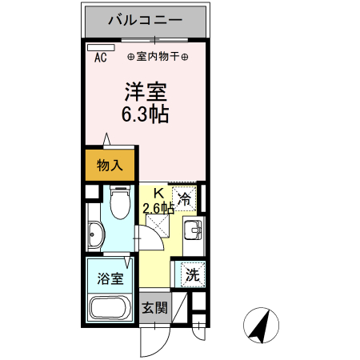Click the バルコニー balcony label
click(x=146, y=19)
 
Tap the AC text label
click(x=101, y=58)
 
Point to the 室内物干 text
click(x=158, y=57)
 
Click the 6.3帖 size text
click(x=145, y=114)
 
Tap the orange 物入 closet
click(x=110, y=166)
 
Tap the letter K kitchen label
click(x=158, y=193)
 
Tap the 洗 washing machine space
click(x=193, y=274)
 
